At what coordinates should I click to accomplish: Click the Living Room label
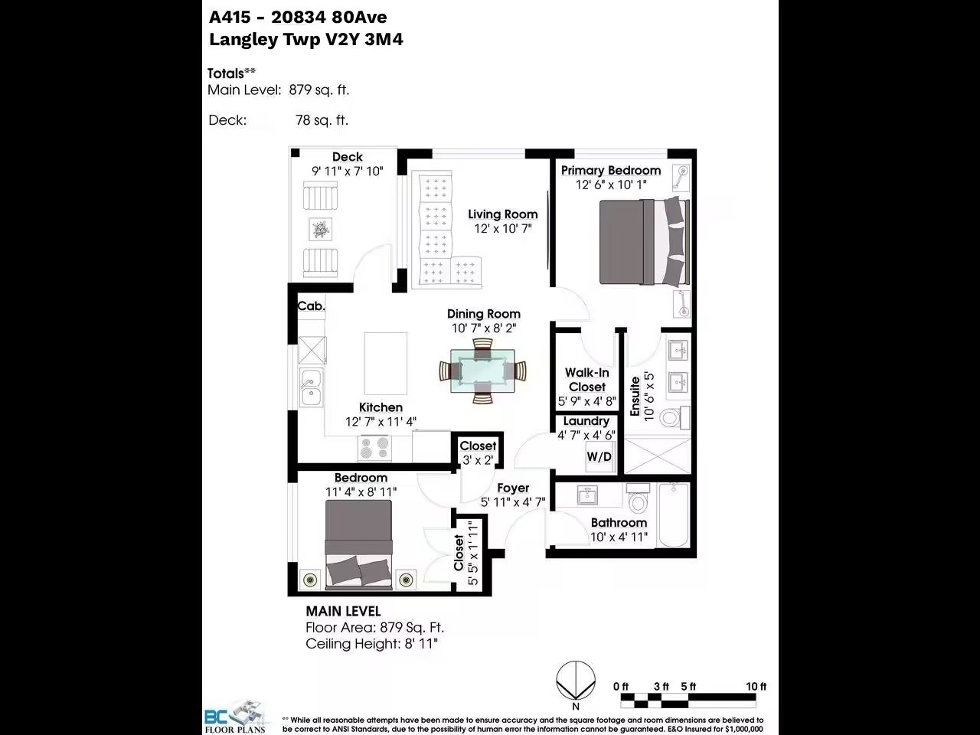click(503, 214)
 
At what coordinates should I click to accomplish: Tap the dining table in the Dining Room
click(482, 371)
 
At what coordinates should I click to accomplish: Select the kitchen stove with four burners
click(375, 448)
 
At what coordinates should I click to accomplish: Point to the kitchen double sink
click(311, 387)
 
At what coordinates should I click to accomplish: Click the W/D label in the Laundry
click(599, 456)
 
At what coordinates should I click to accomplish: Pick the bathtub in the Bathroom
click(675, 515)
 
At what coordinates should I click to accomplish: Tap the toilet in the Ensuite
click(675, 418)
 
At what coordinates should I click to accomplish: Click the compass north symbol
click(576, 681)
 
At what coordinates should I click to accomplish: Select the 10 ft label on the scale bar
click(756, 686)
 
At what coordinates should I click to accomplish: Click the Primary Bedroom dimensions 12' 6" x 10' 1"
click(611, 185)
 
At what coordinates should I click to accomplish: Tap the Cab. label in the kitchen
click(311, 306)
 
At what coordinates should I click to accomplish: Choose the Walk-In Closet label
click(587, 380)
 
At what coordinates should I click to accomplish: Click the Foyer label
click(513, 488)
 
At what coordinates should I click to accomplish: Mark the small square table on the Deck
click(320, 230)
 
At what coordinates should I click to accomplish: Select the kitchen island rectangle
click(386, 363)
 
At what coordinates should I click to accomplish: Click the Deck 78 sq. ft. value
click(322, 120)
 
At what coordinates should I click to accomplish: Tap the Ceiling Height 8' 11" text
click(371, 644)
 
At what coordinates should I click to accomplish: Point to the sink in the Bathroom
click(587, 495)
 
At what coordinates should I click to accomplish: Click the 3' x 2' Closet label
click(478, 460)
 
